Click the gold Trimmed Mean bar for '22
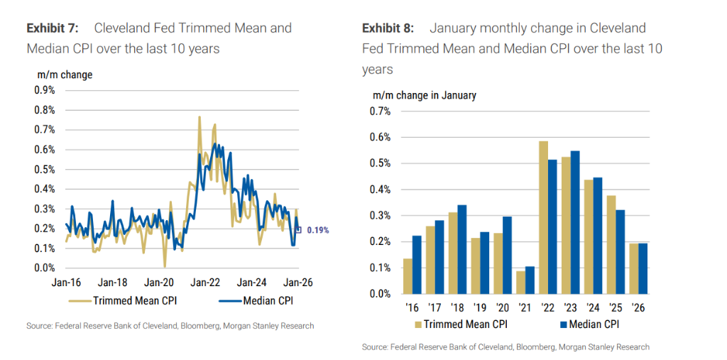point(543,217)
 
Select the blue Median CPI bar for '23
point(575,222)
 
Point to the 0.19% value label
point(317,231)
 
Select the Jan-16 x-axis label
point(67,282)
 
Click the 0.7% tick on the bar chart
point(380,111)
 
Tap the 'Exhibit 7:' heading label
point(51,28)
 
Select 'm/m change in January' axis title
point(425,95)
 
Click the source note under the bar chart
point(505,347)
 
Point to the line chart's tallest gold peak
point(199,118)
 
